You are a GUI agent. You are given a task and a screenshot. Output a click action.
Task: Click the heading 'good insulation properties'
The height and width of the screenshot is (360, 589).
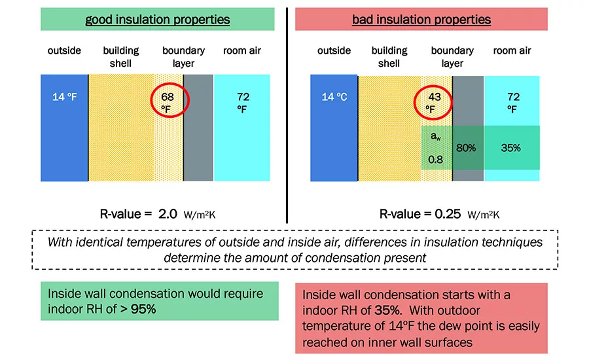click(x=157, y=20)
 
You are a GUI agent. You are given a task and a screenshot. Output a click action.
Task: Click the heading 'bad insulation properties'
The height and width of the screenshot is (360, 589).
click(x=421, y=20)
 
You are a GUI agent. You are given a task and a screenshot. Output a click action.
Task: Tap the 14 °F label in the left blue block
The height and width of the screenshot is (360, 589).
click(x=64, y=97)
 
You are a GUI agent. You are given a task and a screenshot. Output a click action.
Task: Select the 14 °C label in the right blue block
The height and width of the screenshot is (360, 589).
click(x=334, y=97)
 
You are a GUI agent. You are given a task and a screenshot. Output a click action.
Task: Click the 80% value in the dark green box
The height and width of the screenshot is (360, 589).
click(x=466, y=148)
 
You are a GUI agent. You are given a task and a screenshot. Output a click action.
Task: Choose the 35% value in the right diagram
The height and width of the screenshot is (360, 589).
click(x=510, y=148)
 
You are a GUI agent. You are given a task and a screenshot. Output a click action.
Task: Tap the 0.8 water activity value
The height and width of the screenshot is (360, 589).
click(x=435, y=160)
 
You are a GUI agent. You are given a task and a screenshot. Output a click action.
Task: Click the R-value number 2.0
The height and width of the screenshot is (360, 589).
click(x=168, y=214)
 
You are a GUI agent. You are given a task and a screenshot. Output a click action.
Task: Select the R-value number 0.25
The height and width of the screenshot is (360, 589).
click(x=448, y=214)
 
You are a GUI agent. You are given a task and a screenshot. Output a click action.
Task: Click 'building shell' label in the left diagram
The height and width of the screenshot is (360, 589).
click(x=120, y=57)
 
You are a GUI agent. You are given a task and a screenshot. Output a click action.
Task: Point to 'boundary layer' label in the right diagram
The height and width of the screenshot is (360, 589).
click(x=452, y=57)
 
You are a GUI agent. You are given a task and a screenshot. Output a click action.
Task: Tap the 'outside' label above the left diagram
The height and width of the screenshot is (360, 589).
click(x=64, y=50)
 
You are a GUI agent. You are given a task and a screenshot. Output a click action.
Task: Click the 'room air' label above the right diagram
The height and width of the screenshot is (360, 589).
click(x=512, y=50)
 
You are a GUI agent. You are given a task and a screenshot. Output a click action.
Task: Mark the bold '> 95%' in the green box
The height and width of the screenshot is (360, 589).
click(x=138, y=309)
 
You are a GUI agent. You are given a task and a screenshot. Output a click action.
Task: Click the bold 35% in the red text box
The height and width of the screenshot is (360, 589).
click(x=387, y=310)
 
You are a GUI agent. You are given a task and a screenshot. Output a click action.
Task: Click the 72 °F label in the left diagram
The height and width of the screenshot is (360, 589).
click(x=243, y=103)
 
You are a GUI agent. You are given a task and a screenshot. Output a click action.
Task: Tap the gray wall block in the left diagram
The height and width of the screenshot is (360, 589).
click(x=198, y=128)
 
